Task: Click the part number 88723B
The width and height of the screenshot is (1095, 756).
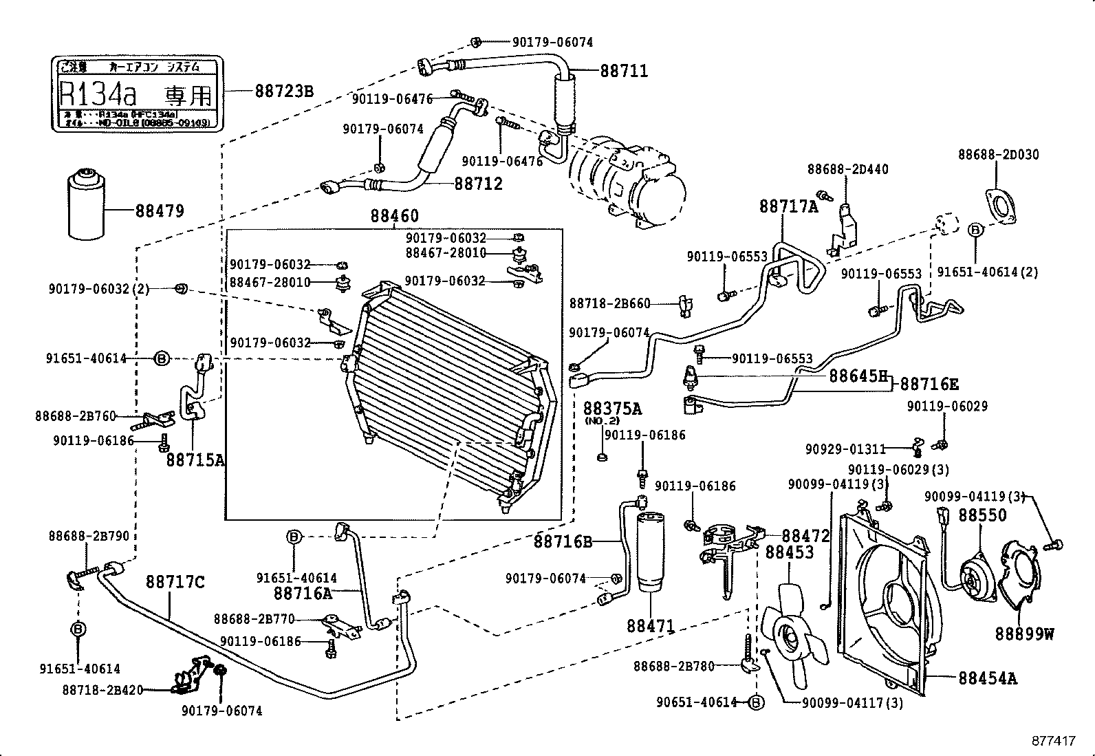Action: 284,91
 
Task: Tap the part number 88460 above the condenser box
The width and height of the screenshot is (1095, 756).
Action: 394,216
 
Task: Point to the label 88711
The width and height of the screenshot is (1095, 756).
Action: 624,71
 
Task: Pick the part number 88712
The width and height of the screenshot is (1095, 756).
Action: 478,184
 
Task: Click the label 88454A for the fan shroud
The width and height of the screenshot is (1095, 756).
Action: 988,678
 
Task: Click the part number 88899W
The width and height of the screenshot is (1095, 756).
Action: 1025,634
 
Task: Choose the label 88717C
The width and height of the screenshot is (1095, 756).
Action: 175,583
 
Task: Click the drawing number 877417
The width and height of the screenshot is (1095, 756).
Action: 1052,741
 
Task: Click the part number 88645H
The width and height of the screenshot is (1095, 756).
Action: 858,376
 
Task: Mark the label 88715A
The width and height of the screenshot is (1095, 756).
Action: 195,460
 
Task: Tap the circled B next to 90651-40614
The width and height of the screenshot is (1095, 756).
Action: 755,702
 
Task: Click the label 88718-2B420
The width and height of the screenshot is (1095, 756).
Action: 102,690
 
